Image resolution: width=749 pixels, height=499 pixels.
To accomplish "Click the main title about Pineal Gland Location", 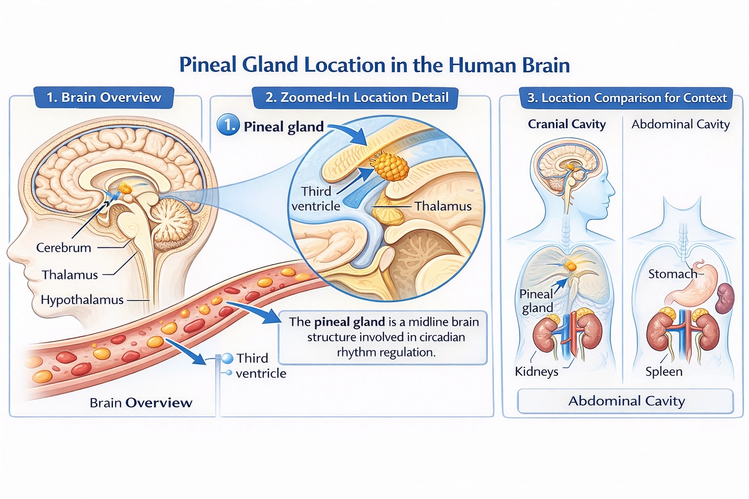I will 374,65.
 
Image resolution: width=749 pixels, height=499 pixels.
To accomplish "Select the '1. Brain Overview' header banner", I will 103,97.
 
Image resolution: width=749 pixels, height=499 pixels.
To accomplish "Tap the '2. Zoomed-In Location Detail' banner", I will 356,97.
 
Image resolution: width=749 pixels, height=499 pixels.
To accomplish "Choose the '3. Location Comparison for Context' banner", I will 627,98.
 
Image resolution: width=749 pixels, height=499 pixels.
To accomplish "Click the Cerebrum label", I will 63,248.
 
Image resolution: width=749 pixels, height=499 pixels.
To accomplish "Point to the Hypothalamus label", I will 82,300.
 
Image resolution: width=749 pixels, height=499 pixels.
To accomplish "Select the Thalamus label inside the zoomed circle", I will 443,206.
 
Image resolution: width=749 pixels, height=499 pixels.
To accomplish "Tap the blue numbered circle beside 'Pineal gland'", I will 228,125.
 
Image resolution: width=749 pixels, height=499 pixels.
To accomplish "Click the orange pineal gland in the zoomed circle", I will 391,166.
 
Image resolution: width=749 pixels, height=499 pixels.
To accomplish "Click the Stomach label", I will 672,274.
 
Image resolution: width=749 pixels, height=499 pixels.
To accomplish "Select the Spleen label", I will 664,371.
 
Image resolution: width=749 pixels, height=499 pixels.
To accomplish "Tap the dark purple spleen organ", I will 725,298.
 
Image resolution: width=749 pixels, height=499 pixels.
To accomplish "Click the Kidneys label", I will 536,371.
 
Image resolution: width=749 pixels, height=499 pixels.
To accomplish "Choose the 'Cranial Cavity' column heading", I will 567,124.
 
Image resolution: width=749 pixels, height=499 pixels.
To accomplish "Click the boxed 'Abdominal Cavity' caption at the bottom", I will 626,401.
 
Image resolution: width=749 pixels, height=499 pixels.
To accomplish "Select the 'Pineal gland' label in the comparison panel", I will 536,301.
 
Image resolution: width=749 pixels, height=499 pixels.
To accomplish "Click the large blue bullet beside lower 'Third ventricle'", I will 228,359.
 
